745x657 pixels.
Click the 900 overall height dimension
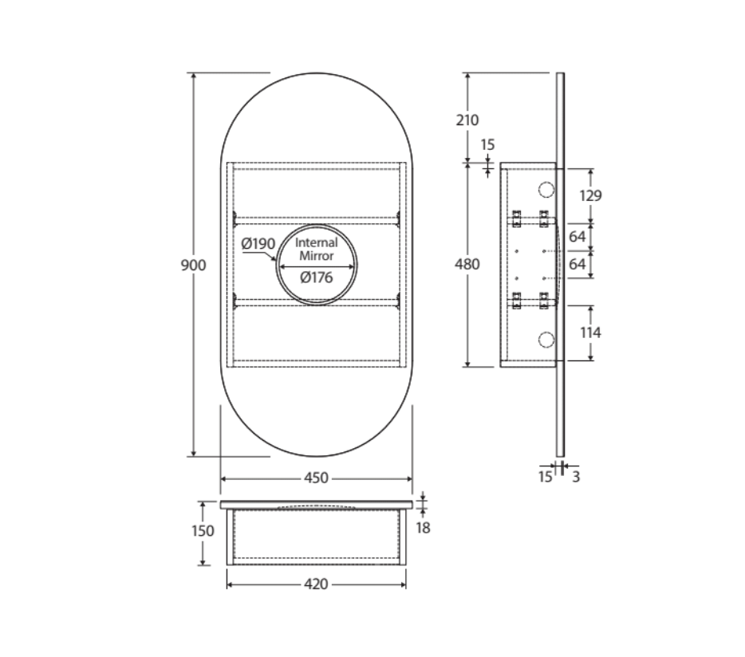(193, 265)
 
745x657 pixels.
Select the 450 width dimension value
(316, 478)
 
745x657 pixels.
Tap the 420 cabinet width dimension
(316, 584)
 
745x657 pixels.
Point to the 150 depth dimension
(203, 532)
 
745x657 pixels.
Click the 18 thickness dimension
(424, 527)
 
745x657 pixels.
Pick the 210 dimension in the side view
(467, 120)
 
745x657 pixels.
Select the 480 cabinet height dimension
(467, 264)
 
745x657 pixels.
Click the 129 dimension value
(590, 195)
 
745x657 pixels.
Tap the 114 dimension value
(590, 332)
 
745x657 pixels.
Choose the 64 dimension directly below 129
(577, 237)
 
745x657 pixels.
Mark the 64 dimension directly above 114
(577, 264)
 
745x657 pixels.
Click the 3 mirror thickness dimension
(576, 478)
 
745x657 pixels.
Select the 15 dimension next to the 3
(545, 478)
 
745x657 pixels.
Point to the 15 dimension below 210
(488, 145)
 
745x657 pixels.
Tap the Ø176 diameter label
(317, 278)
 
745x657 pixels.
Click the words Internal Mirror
(317, 249)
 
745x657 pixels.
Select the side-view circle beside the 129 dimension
(546, 190)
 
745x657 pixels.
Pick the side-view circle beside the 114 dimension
(546, 340)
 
